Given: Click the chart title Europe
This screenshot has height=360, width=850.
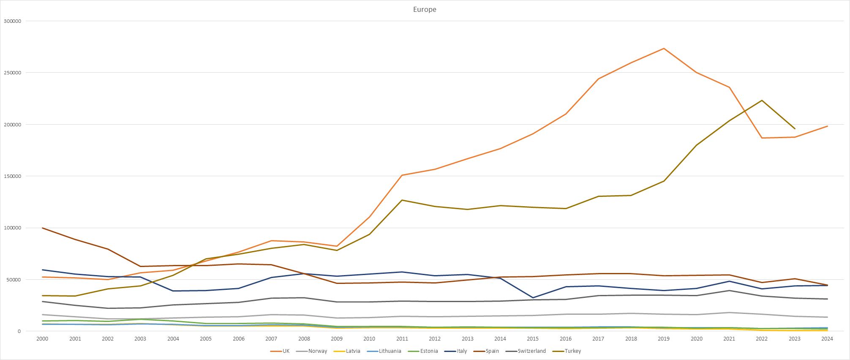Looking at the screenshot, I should (x=425, y=9).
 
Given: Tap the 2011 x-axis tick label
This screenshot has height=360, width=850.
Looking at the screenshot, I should (x=402, y=339).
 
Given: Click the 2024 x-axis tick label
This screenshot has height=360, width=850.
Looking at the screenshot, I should (x=827, y=339).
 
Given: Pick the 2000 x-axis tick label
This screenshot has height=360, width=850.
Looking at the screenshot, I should (x=42, y=339).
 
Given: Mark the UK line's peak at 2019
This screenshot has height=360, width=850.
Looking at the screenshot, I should (x=664, y=49).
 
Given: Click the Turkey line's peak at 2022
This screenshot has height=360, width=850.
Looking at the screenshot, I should (x=762, y=100).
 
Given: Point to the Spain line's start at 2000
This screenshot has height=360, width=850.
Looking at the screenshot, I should (x=42, y=228).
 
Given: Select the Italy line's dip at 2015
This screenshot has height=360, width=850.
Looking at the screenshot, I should (x=533, y=298).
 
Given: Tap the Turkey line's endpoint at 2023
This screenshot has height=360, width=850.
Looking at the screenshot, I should (x=795, y=129).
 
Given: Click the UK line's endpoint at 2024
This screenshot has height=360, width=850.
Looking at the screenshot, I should (x=827, y=126).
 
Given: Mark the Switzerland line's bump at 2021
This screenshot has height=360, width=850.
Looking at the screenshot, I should (x=729, y=291).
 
